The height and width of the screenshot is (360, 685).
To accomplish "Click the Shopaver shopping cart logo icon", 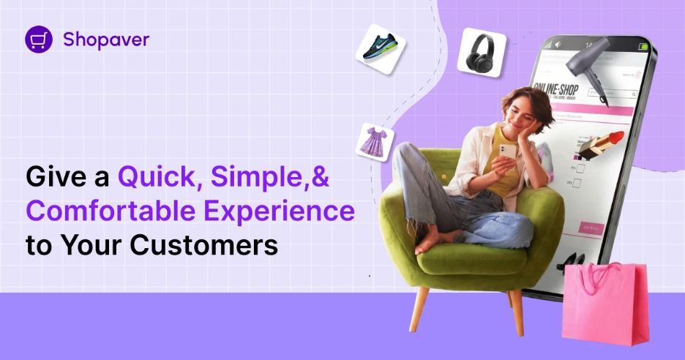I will tap(38, 40).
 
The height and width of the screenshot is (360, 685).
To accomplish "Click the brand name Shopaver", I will tap(105, 40).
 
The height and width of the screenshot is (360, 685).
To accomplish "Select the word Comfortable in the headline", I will tap(111, 211).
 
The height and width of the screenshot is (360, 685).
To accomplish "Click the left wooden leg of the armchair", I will tap(419, 312).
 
